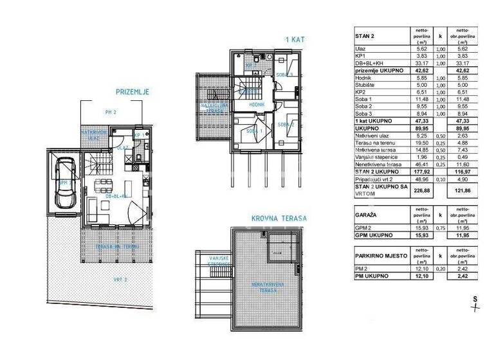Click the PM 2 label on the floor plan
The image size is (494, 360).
coord(111,112)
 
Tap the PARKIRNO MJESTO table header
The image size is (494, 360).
coord(381,256)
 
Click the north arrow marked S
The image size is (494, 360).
coord(475,302)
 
